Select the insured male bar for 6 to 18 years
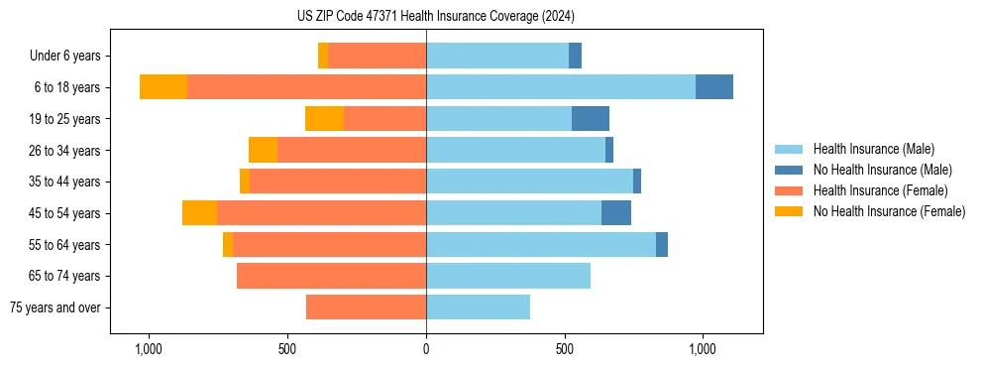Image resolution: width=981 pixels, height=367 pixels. (x=561, y=87)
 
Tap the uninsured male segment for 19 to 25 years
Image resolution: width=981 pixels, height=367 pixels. (x=591, y=118)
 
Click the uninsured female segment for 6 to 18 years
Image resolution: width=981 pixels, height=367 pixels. (x=163, y=87)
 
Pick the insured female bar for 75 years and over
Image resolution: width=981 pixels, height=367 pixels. (x=366, y=307)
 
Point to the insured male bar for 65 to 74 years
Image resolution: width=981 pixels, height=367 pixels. (x=508, y=276)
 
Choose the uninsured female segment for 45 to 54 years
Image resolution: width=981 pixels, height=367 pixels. (x=199, y=213)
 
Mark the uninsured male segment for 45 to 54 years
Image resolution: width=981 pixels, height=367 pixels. (x=616, y=213)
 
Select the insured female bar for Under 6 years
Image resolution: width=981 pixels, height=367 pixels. (x=378, y=56)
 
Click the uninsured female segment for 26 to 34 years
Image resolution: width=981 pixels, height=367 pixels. (x=263, y=150)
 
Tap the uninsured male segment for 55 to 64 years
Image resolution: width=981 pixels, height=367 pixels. (x=662, y=244)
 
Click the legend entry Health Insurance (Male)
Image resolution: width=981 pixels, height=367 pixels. (x=873, y=149)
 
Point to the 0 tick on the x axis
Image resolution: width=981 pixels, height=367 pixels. (x=426, y=349)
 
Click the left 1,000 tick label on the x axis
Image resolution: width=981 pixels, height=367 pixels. (x=149, y=349)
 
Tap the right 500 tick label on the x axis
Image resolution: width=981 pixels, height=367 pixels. (x=565, y=349)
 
